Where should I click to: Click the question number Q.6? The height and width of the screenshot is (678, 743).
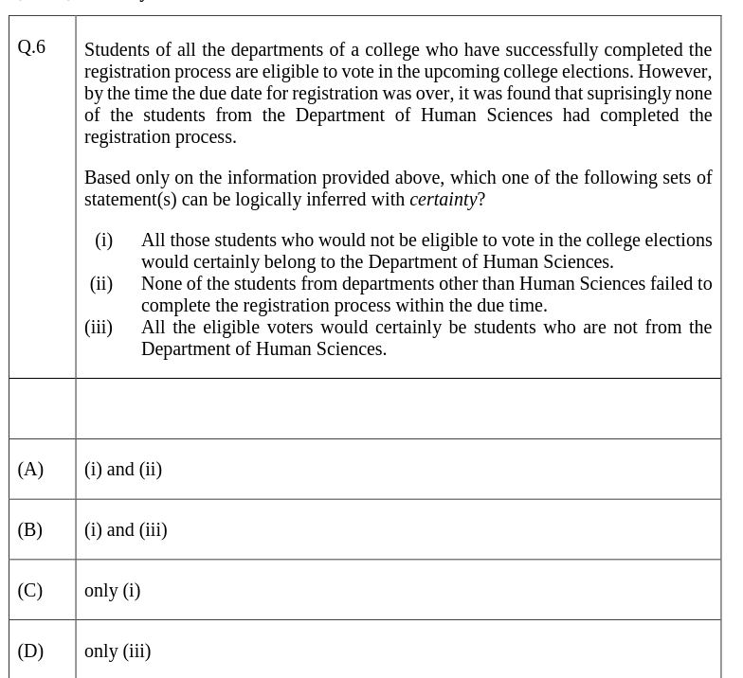31,47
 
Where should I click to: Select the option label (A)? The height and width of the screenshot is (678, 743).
30,470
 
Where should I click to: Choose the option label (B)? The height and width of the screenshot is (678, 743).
30,530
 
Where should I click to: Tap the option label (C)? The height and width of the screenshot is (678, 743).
30,591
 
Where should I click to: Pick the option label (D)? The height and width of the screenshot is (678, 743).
30,651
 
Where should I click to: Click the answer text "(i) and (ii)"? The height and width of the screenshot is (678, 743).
123,470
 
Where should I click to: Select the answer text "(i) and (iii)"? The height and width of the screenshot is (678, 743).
126,530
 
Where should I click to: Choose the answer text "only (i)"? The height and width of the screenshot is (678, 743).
112,591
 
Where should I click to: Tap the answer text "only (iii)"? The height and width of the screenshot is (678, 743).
118,651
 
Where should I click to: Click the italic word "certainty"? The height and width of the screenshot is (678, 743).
443,200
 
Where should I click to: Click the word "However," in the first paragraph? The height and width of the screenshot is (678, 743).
676,72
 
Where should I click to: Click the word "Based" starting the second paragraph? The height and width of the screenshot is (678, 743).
107,178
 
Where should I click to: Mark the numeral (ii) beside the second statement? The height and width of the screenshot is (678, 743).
101,284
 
